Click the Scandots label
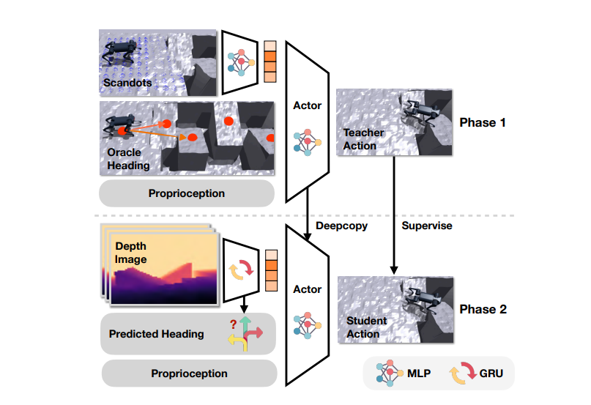[x=127, y=83]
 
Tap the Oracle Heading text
[x=128, y=159]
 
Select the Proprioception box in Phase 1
[x=187, y=193]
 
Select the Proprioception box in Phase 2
[x=189, y=374]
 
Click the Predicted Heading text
[x=157, y=334]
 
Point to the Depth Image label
[x=131, y=253]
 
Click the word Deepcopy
[x=341, y=226]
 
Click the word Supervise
[x=427, y=226]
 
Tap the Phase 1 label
[x=483, y=122]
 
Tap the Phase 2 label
[x=483, y=309]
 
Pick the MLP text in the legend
[x=419, y=374]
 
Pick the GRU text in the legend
[x=491, y=374]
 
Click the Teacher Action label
[x=363, y=139]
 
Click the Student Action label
[x=366, y=327]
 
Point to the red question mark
[x=234, y=324]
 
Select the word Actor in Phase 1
[x=307, y=105]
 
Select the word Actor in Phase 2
[x=307, y=289]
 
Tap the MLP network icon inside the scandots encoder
[x=241, y=62]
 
